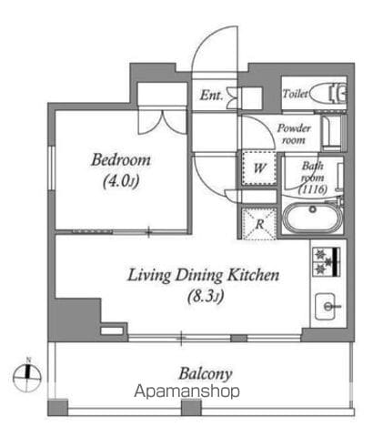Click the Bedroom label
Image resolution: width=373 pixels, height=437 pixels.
click(x=121, y=160)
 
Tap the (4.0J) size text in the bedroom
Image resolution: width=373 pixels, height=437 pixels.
click(x=121, y=181)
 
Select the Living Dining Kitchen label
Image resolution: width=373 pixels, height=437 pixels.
click(x=203, y=276)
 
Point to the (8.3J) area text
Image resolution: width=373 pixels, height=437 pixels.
click(x=206, y=296)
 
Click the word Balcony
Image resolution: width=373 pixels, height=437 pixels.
click(x=206, y=373)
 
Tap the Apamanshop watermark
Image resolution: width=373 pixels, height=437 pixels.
click(x=186, y=391)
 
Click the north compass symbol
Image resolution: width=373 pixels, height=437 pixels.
click(x=27, y=377)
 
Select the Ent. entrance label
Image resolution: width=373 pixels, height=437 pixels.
click(x=211, y=96)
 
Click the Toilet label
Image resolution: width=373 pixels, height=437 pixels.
click(x=295, y=94)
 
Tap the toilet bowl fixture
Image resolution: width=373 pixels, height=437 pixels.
click(x=328, y=93)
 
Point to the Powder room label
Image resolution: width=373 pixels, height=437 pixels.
click(x=294, y=134)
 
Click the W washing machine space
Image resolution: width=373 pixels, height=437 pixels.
click(x=259, y=168)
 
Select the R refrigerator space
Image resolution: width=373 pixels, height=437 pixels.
click(x=259, y=224)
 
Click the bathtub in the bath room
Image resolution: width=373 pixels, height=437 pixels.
click(x=312, y=218)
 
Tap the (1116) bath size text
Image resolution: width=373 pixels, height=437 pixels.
click(x=313, y=189)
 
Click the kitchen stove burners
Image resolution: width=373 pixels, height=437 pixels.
click(x=327, y=262)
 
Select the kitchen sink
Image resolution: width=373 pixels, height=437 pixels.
click(x=326, y=306)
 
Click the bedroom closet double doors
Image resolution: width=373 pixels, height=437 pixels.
click(x=162, y=122)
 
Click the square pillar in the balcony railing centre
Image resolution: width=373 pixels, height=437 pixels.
click(x=191, y=408)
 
